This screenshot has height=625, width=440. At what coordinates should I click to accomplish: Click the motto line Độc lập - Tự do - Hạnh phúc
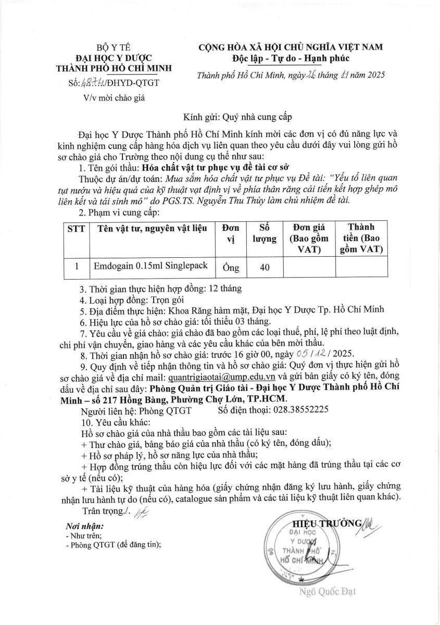coord(290,58)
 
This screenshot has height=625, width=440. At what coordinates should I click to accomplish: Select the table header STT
coord(76,228)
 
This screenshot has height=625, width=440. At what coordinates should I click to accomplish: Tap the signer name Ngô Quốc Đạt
coord(328,591)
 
